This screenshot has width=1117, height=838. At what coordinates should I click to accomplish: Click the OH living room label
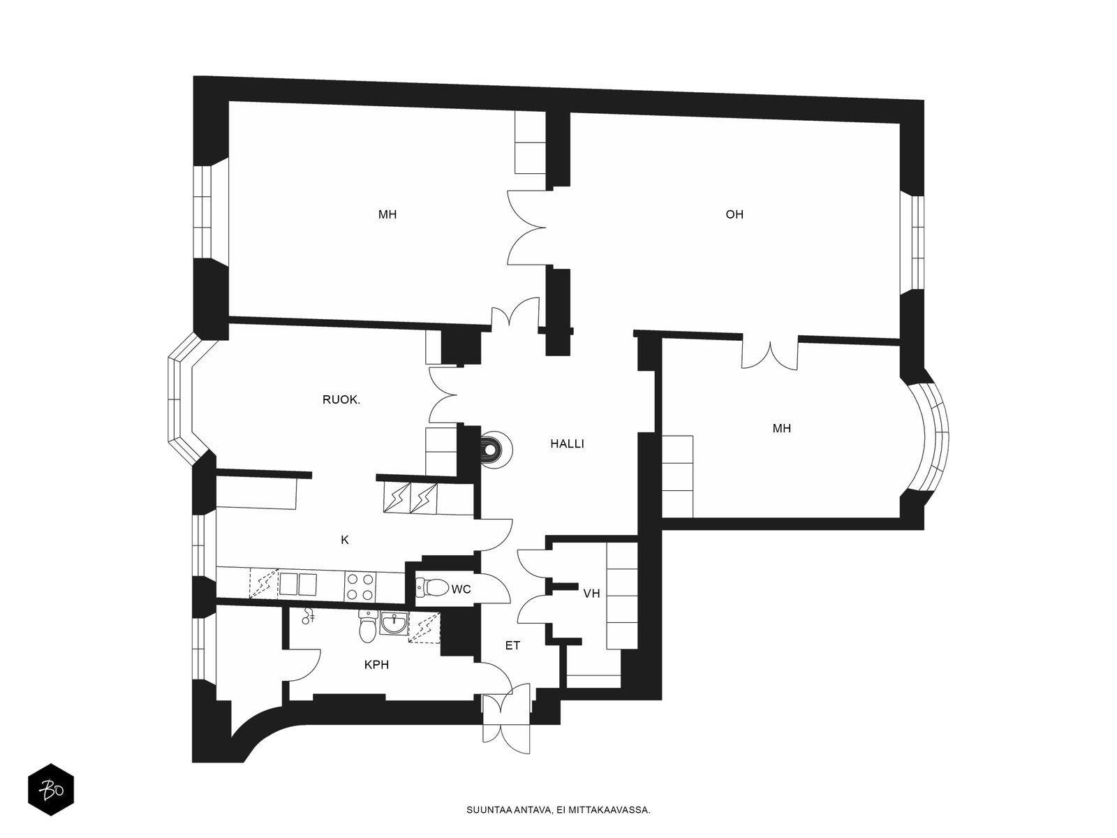[x=734, y=214]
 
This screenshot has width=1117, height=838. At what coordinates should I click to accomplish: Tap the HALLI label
[x=567, y=444]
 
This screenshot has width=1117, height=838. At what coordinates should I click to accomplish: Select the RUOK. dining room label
[x=341, y=400]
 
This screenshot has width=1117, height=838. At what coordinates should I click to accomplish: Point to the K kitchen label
[x=344, y=540]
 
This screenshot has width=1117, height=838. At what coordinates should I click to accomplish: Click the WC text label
[x=461, y=589]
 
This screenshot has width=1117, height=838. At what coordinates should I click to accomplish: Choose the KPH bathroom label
[x=376, y=665]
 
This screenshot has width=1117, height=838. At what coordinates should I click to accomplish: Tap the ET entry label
[x=512, y=646]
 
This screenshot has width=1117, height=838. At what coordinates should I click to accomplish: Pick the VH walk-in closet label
[x=591, y=594]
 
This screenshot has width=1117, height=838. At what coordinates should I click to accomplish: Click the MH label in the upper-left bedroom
[x=387, y=214]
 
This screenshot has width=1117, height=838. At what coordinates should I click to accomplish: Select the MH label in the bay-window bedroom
[x=782, y=428]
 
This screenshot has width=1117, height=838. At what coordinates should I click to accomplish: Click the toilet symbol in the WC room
[x=431, y=588]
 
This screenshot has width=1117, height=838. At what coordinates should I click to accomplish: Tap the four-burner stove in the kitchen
[x=360, y=586]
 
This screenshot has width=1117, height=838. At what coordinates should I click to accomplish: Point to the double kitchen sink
[x=297, y=584]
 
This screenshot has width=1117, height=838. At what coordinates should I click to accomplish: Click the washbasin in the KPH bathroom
[x=394, y=624]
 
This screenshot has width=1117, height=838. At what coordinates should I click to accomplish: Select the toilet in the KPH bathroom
[x=367, y=626]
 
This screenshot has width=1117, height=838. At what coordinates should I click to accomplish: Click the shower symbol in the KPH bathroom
[x=308, y=617]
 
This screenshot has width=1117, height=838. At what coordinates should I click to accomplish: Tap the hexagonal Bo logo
[x=51, y=791]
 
